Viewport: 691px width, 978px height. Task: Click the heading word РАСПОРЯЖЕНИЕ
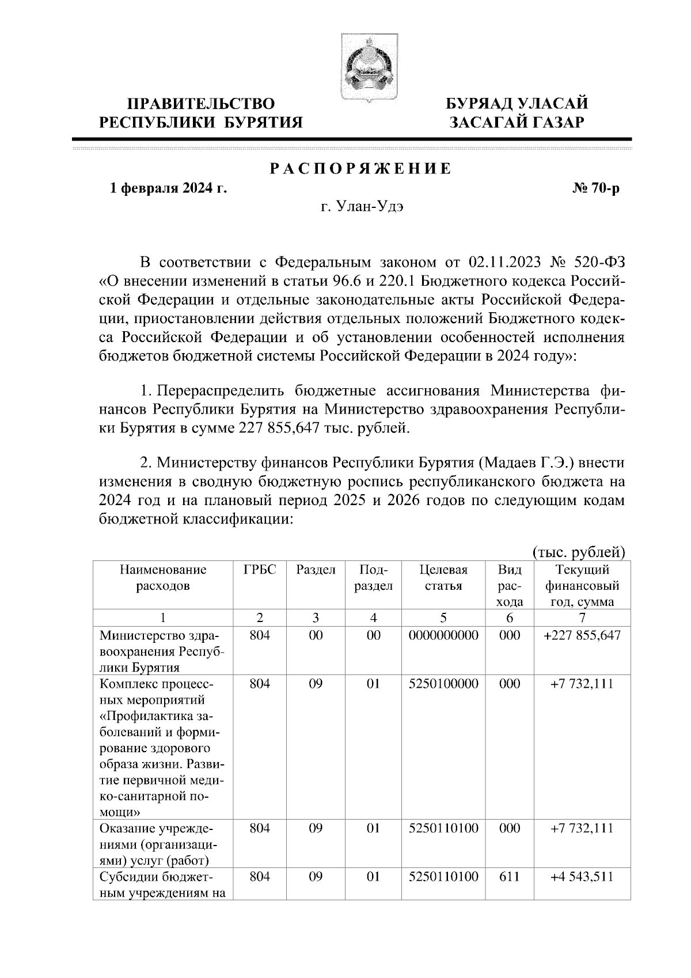pyautogui.click(x=361, y=169)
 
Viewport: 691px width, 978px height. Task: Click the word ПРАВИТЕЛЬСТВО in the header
pyautogui.click(x=200, y=104)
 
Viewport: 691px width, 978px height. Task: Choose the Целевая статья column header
pyautogui.click(x=443, y=578)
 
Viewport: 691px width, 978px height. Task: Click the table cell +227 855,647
pyautogui.click(x=582, y=635)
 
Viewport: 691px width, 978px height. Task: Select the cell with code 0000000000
pyautogui.click(x=443, y=635)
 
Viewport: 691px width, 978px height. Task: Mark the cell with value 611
pyautogui.click(x=509, y=877)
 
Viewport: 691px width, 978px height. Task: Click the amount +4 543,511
pyautogui.click(x=582, y=877)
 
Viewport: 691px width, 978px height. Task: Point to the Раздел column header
pyautogui.click(x=316, y=570)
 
